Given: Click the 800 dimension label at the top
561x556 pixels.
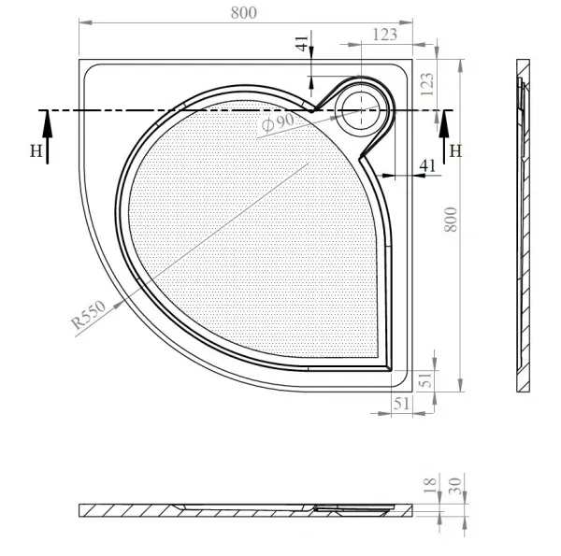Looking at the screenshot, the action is pyautogui.click(x=244, y=13).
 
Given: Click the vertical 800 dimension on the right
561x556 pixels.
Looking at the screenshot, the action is pyautogui.click(x=451, y=220).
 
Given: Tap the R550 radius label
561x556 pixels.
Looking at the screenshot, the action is pyautogui.click(x=89, y=314).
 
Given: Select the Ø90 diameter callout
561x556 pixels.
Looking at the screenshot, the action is pyautogui.click(x=278, y=122).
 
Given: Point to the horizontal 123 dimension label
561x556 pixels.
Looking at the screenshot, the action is pyautogui.click(x=385, y=35).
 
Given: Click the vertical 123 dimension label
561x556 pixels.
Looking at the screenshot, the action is pyautogui.click(x=427, y=84).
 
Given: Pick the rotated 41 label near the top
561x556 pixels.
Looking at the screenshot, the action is pyautogui.click(x=302, y=44).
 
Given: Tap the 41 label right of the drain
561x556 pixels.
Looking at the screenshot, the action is pyautogui.click(x=427, y=165).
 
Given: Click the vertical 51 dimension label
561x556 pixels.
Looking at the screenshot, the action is pyautogui.click(x=426, y=380).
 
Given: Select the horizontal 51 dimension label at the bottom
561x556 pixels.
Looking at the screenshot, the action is pyautogui.click(x=401, y=404).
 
